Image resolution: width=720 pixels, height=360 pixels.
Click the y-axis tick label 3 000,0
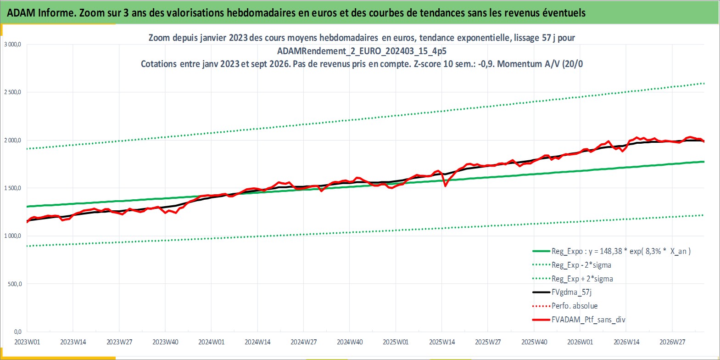[12, 45]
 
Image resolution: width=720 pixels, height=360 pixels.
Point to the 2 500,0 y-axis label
[12, 92]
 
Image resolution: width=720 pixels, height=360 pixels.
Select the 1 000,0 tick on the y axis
[12, 236]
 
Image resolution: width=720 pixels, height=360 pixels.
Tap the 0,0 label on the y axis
[17, 332]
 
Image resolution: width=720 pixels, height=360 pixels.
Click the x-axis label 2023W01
[27, 342]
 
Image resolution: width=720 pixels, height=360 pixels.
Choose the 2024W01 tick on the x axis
[211, 342]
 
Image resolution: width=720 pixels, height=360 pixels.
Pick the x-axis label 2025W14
[442, 342]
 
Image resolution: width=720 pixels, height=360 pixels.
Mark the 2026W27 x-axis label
[672, 342]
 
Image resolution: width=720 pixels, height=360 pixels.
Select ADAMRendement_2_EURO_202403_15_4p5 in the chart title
[362, 51]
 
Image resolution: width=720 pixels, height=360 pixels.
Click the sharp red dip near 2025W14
[445, 186]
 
